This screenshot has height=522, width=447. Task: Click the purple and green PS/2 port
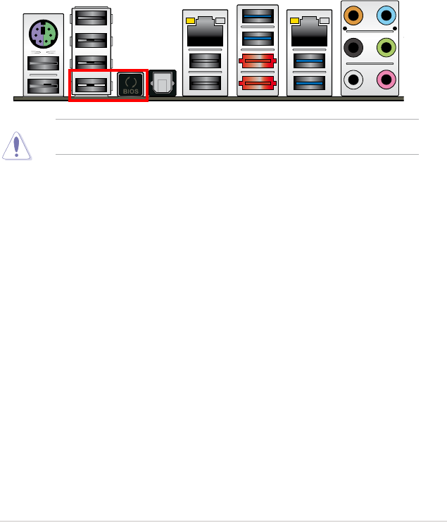click(43, 34)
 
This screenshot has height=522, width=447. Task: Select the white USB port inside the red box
click(91, 85)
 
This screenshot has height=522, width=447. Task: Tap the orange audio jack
click(353, 14)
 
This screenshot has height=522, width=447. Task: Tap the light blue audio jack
click(386, 14)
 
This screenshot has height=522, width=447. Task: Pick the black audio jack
click(353, 49)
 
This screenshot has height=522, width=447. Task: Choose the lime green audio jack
click(386, 49)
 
